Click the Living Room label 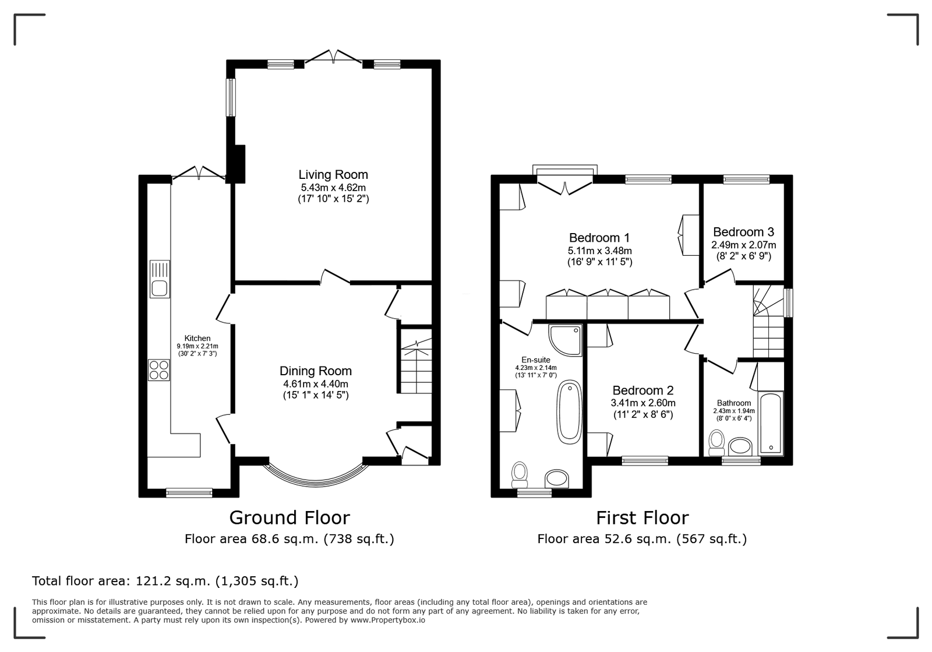[333, 175]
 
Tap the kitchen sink [160, 279]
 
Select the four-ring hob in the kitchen [159, 370]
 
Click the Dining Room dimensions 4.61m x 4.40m [316, 383]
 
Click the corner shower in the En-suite [566, 340]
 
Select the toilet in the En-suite [519, 475]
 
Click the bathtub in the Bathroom [771, 422]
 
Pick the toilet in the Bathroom [716, 443]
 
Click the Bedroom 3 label [743, 232]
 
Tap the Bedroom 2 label [643, 390]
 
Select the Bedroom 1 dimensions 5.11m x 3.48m [599, 251]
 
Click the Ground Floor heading [290, 517]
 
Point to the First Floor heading [642, 517]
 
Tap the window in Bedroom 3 [746, 179]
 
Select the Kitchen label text [197, 339]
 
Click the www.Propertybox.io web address [387, 620]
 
